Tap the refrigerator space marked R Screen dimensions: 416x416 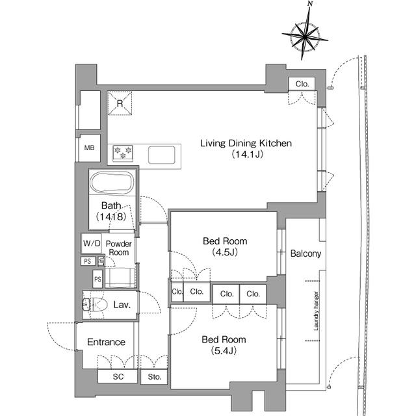(x=120, y=103)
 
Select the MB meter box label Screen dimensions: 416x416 (x=89, y=148)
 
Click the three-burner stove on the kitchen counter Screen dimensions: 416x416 (x=123, y=153)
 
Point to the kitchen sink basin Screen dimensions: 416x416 (x=162, y=155)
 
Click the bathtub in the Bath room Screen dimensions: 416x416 (x=112, y=183)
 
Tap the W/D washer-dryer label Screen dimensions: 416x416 (x=92, y=243)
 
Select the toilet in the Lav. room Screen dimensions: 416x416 (x=94, y=305)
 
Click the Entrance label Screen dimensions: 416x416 (x=106, y=342)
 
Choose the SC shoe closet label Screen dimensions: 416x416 (x=118, y=376)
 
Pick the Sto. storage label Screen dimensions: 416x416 (x=155, y=377)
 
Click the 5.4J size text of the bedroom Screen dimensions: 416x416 (x=224, y=351)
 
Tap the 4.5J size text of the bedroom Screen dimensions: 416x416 (x=225, y=252)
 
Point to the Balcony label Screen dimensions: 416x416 (x=305, y=253)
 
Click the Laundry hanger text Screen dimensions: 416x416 (x=316, y=311)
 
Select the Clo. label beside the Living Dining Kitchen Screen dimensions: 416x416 (x=302, y=84)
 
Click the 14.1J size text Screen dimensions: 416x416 (x=247, y=154)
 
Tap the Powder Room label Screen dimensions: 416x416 (x=118, y=248)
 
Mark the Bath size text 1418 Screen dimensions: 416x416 (x=111, y=216)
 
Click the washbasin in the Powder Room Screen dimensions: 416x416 (x=120, y=278)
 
